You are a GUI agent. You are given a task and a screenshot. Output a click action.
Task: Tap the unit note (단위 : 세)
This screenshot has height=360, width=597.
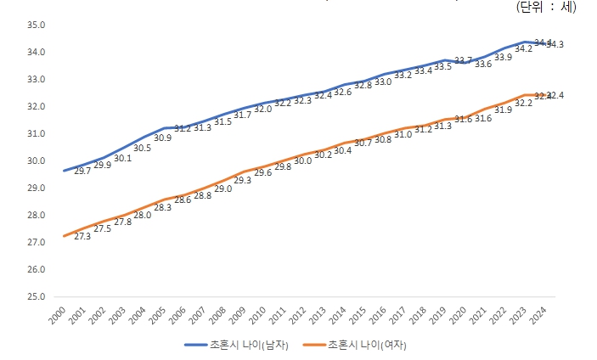point(546,7)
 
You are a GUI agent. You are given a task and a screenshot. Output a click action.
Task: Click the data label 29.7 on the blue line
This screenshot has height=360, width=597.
point(82,172)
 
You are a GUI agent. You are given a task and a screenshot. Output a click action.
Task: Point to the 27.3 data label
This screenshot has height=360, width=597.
point(82,236)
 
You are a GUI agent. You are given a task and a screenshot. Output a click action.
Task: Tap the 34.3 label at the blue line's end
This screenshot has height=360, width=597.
point(555,44)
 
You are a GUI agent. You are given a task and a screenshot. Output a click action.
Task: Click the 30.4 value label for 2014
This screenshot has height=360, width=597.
point(342,150)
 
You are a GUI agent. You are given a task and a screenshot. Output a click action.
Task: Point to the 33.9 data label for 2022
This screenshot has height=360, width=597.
point(503,57)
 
